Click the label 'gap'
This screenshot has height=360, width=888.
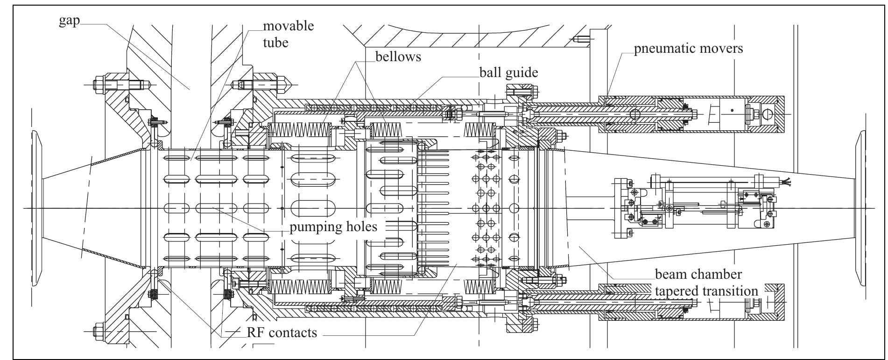click(69, 22)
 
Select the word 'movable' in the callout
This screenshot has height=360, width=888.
click(288, 25)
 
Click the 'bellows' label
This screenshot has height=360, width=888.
click(398, 56)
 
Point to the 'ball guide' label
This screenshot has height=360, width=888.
click(509, 73)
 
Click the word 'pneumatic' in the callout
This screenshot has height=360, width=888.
click(662, 48)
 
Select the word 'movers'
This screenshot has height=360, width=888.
click(720, 48)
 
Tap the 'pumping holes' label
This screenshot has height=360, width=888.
click(333, 227)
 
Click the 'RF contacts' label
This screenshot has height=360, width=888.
click(282, 332)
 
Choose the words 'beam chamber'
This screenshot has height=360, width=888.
click(698, 274)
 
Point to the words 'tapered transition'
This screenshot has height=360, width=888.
click(706, 290)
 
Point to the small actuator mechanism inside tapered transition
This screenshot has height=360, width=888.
click(691, 206)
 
